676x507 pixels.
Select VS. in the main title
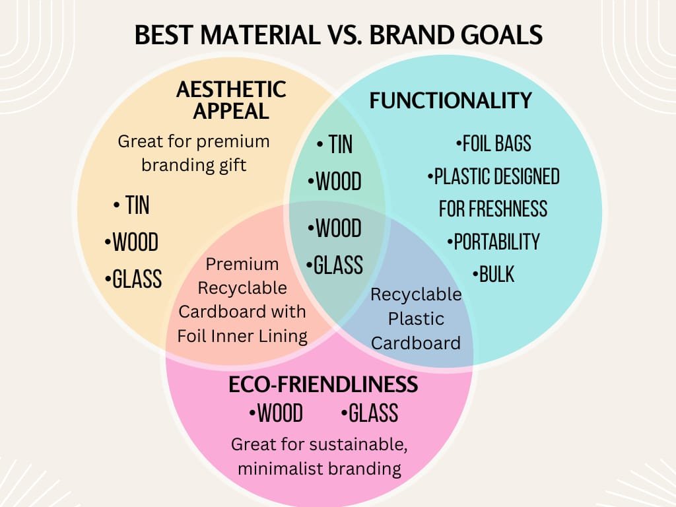tap(343, 35)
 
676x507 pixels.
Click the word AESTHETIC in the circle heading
tap(231, 90)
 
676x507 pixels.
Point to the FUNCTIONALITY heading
tap(450, 100)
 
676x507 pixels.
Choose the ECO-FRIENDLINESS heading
tap(323, 384)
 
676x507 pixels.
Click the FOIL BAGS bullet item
tap(494, 143)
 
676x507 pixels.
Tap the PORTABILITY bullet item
tap(494, 242)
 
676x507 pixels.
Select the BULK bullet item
tap(494, 274)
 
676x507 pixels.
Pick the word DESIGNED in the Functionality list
tap(525, 176)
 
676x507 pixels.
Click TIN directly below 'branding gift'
tap(131, 205)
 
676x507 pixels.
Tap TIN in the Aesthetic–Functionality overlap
tap(335, 144)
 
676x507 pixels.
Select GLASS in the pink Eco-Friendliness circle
tap(370, 413)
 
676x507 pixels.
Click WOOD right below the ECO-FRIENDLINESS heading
tap(276, 413)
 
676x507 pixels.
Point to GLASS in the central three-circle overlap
tap(335, 265)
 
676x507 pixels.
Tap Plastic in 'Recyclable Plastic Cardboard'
tap(416, 319)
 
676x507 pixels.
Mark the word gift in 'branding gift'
tap(232, 166)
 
